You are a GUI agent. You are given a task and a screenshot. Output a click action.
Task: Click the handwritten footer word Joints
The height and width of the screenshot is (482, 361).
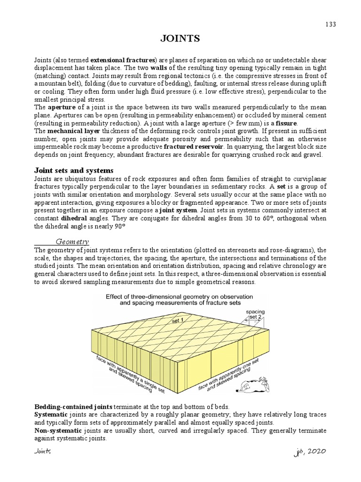pos(43,451)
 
